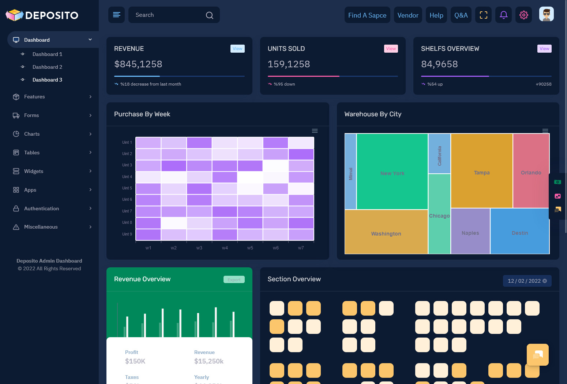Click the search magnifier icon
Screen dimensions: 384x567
(x=209, y=15)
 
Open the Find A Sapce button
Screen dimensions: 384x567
(x=367, y=15)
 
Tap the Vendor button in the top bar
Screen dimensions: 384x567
(x=408, y=15)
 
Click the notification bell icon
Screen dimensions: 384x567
(x=503, y=15)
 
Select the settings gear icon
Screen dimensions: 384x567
(x=523, y=15)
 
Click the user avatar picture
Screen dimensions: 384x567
(x=546, y=14)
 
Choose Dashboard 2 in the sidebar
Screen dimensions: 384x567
(x=47, y=67)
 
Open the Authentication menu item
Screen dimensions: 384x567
(x=41, y=208)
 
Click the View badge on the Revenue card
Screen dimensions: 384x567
(x=237, y=49)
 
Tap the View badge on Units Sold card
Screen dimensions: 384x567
(x=391, y=49)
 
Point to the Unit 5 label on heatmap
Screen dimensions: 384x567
(x=127, y=188)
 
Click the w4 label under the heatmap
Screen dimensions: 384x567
(x=225, y=248)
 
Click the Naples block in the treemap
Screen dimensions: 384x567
(x=470, y=233)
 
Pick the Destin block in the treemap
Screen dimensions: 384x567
(x=519, y=233)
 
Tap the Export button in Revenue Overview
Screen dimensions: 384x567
(x=234, y=280)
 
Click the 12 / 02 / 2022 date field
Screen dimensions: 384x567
(x=524, y=281)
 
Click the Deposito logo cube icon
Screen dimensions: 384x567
(x=15, y=15)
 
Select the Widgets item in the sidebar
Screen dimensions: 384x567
(x=34, y=171)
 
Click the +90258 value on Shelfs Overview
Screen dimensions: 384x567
(x=543, y=84)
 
